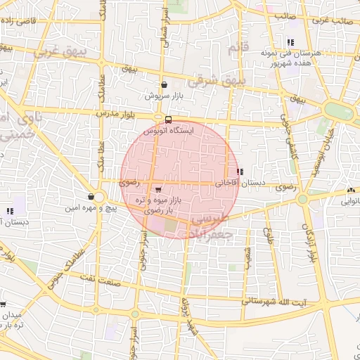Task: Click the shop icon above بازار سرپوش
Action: pyautogui.click(x=164, y=84)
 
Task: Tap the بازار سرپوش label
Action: pyautogui.click(x=164, y=95)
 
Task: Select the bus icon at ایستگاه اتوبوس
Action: pyautogui.click(x=168, y=120)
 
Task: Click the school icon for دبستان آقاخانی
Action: pyautogui.click(x=240, y=172)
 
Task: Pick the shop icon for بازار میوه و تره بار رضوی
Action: pyautogui.click(x=157, y=190)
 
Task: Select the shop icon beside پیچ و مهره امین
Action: pyautogui.click(x=91, y=197)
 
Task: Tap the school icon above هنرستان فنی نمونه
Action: pyautogui.click(x=290, y=42)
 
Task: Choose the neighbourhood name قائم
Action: pyautogui.click(x=235, y=49)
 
